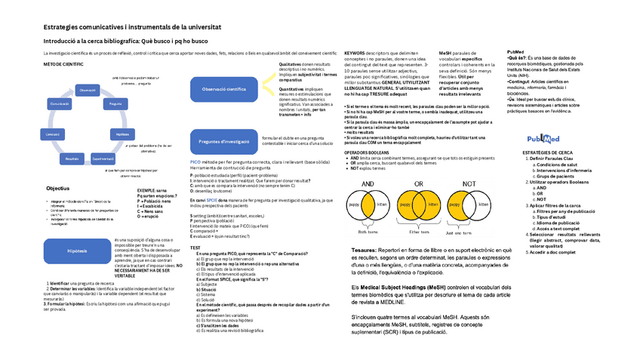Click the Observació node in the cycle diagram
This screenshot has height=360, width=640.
[x=88, y=90]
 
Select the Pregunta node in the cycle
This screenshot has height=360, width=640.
[x=116, y=103]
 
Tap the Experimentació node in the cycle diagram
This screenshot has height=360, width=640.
[x=103, y=158]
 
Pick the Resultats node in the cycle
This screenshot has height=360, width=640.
[x=72, y=158]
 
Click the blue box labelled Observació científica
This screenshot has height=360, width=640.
[x=225, y=89]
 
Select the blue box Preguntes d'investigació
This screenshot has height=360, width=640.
[x=224, y=141]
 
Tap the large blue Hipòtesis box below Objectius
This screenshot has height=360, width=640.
[x=77, y=251]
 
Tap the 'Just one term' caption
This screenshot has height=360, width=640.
[x=460, y=232]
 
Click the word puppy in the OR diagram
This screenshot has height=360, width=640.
[x=405, y=205]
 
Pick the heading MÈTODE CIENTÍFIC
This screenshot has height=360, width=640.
[x=63, y=65]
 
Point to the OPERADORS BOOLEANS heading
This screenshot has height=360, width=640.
[x=367, y=152]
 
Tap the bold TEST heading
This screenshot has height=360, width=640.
[x=195, y=248]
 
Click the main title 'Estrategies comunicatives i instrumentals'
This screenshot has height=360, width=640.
[x=132, y=26]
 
